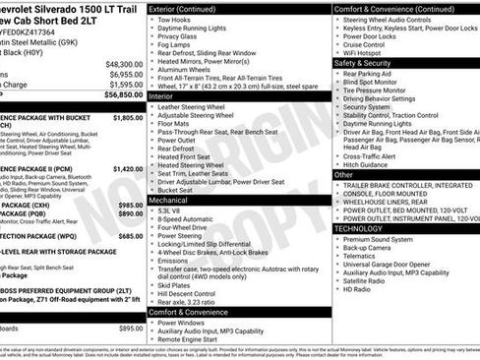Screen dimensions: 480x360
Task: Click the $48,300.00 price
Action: pos(124,63)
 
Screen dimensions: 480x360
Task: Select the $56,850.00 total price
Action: pos(124,96)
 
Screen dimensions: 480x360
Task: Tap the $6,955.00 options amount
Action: pos(124,74)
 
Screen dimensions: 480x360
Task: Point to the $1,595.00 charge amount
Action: pos(124,85)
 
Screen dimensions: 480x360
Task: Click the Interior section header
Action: pos(163,97)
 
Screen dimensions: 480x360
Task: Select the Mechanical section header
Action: pos(170,199)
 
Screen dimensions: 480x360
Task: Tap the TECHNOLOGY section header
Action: pos(363,228)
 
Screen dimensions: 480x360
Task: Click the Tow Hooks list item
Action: pos(174,20)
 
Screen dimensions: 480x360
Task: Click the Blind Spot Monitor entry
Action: pos(380,83)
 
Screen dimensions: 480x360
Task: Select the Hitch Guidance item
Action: pos(371,164)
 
